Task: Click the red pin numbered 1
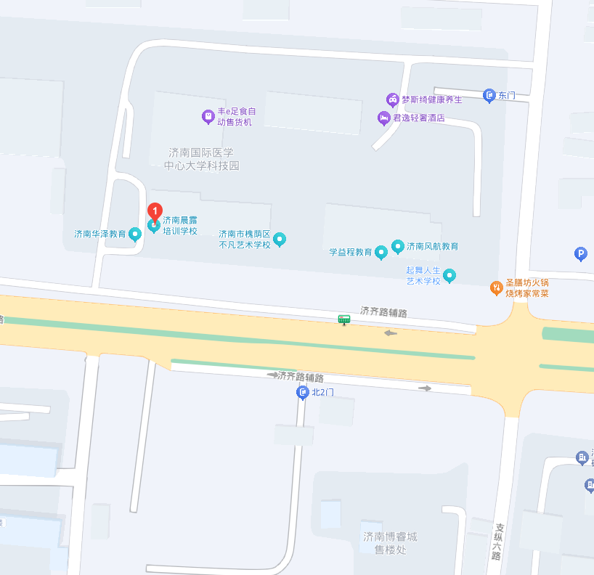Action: pos(155,211)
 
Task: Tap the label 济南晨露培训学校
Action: pos(179,225)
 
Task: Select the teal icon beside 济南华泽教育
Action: pos(134,234)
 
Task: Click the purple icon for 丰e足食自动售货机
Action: pos(208,115)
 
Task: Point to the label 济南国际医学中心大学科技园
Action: pos(202,159)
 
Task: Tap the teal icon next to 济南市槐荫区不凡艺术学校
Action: pos(280,239)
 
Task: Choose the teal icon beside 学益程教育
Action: pos(381,252)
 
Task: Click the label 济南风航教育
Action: pos(433,246)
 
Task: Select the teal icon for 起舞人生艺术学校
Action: pos(449,275)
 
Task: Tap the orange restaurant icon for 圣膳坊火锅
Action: pos(497,287)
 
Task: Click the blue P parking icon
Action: pos(580,253)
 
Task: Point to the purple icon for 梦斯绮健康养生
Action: pos(392,99)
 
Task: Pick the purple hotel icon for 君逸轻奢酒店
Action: pos(383,117)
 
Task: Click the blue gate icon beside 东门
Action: pos(489,95)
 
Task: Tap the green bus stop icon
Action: pos(343,319)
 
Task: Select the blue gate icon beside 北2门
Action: pos(303,393)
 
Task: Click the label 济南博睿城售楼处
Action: pos(390,543)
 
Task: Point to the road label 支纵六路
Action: pos(497,542)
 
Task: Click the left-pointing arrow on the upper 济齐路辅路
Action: pos(391,333)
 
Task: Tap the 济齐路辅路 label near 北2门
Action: pos(301,377)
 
